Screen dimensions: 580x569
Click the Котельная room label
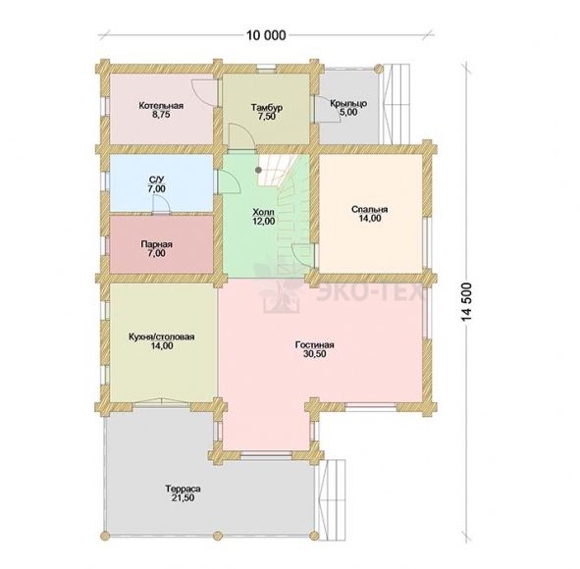[x=161, y=106]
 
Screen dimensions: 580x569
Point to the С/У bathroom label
[x=156, y=181]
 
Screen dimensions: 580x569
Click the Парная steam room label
[x=156, y=244]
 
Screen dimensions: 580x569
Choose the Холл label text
[x=263, y=212]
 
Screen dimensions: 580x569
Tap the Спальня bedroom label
[x=370, y=210]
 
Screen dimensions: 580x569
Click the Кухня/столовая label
[x=162, y=337]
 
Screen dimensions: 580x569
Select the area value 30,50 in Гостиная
[x=315, y=354]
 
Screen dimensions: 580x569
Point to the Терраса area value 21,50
[x=184, y=498]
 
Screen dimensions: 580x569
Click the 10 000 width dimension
[x=266, y=35]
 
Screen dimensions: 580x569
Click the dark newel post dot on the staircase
[x=258, y=170]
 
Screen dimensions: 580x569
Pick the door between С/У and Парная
[x=161, y=205]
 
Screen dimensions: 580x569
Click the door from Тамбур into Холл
[x=240, y=137]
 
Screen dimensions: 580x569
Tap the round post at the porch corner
[x=379, y=69]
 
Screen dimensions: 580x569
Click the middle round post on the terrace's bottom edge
[x=218, y=535]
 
